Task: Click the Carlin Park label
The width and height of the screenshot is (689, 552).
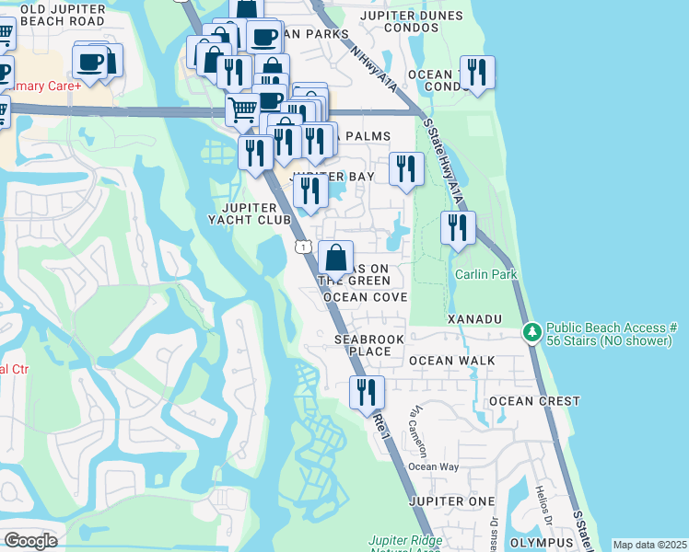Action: point(485,274)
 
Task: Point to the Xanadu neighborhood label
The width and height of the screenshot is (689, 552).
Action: point(473,318)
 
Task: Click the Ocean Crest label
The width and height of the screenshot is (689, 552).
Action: point(534,401)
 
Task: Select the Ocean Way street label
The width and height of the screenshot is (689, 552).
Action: point(433,466)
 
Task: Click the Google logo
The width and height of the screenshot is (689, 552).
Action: point(30,541)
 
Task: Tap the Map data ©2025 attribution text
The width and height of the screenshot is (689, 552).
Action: point(648,545)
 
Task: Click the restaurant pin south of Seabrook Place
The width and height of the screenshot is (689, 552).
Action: point(367,393)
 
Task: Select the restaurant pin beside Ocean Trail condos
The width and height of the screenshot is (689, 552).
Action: point(477,73)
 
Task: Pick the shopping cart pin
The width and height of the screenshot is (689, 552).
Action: point(242,110)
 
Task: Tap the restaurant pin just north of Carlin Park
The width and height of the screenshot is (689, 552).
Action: point(457,227)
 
